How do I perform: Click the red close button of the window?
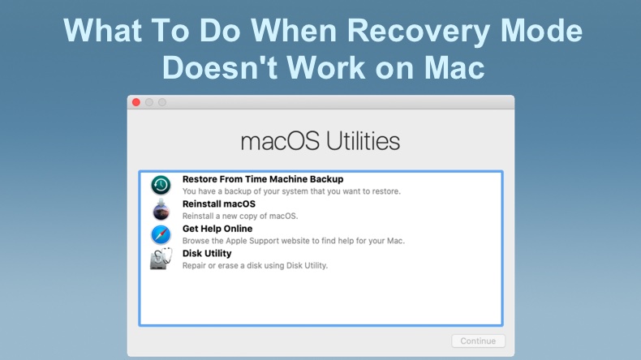click(136, 102)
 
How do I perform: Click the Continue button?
click(478, 341)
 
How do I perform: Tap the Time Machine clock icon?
click(161, 185)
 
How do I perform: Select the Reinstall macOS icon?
click(161, 210)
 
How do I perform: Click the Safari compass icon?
click(161, 234)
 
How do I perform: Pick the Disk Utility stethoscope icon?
click(160, 259)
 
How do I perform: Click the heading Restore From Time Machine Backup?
click(262, 179)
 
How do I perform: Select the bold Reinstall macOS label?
click(218, 204)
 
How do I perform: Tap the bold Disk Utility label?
click(207, 253)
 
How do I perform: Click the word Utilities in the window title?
click(363, 141)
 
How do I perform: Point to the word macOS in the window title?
click(280, 141)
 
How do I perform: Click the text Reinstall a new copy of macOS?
click(239, 216)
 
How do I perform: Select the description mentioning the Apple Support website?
click(293, 241)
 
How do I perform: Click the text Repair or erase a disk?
click(255, 265)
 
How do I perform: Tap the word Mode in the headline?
click(540, 31)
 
